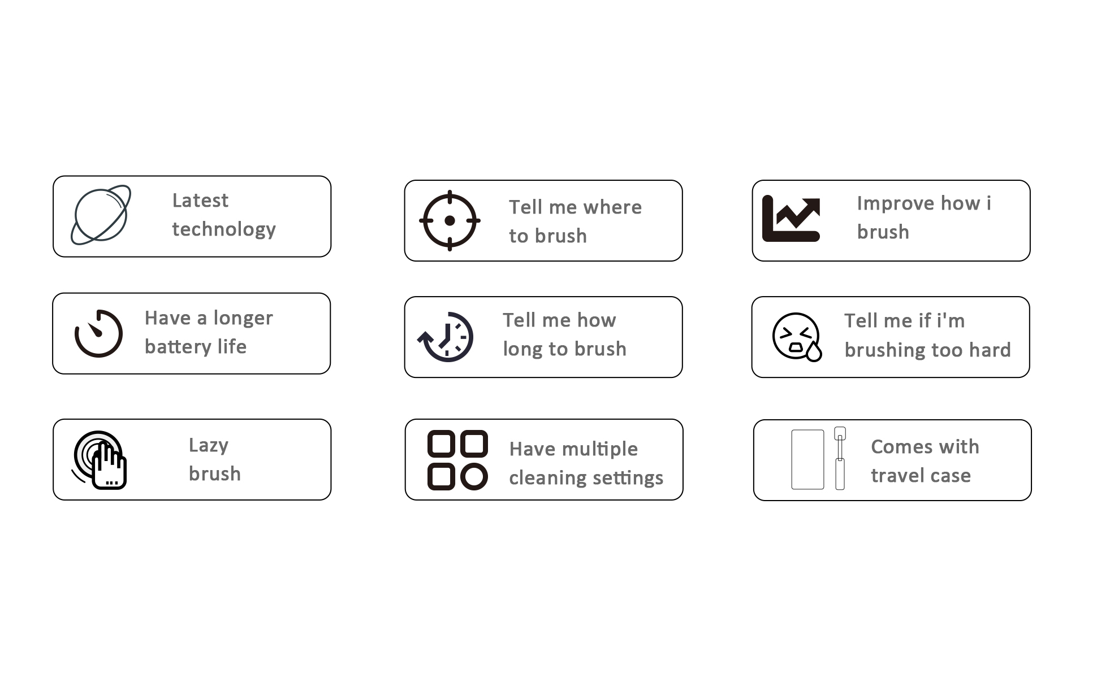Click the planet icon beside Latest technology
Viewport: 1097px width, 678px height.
pyautogui.click(x=101, y=215)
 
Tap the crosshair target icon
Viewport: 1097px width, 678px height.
pyautogui.click(x=450, y=220)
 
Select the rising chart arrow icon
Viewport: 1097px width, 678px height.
pyautogui.click(x=791, y=219)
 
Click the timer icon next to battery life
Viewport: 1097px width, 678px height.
pyautogui.click(x=98, y=333)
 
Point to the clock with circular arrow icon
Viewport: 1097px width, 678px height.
pyautogui.click(x=446, y=337)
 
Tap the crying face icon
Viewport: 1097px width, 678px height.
pyautogui.click(x=797, y=337)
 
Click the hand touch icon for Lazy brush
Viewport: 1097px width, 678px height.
pyautogui.click(x=99, y=460)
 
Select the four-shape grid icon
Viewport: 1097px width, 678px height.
pyautogui.click(x=457, y=460)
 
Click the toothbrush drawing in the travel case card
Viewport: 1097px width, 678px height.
pyautogui.click(x=840, y=458)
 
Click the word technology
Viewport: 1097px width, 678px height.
pyautogui.click(x=224, y=229)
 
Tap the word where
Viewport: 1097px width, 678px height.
pyautogui.click(x=612, y=207)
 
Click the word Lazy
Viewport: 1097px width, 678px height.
pyautogui.click(x=209, y=445)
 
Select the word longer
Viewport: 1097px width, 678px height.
pyautogui.click(x=243, y=318)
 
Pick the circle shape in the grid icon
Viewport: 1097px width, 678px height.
pyautogui.click(x=474, y=476)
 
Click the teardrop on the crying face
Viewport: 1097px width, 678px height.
pyautogui.click(x=814, y=352)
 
